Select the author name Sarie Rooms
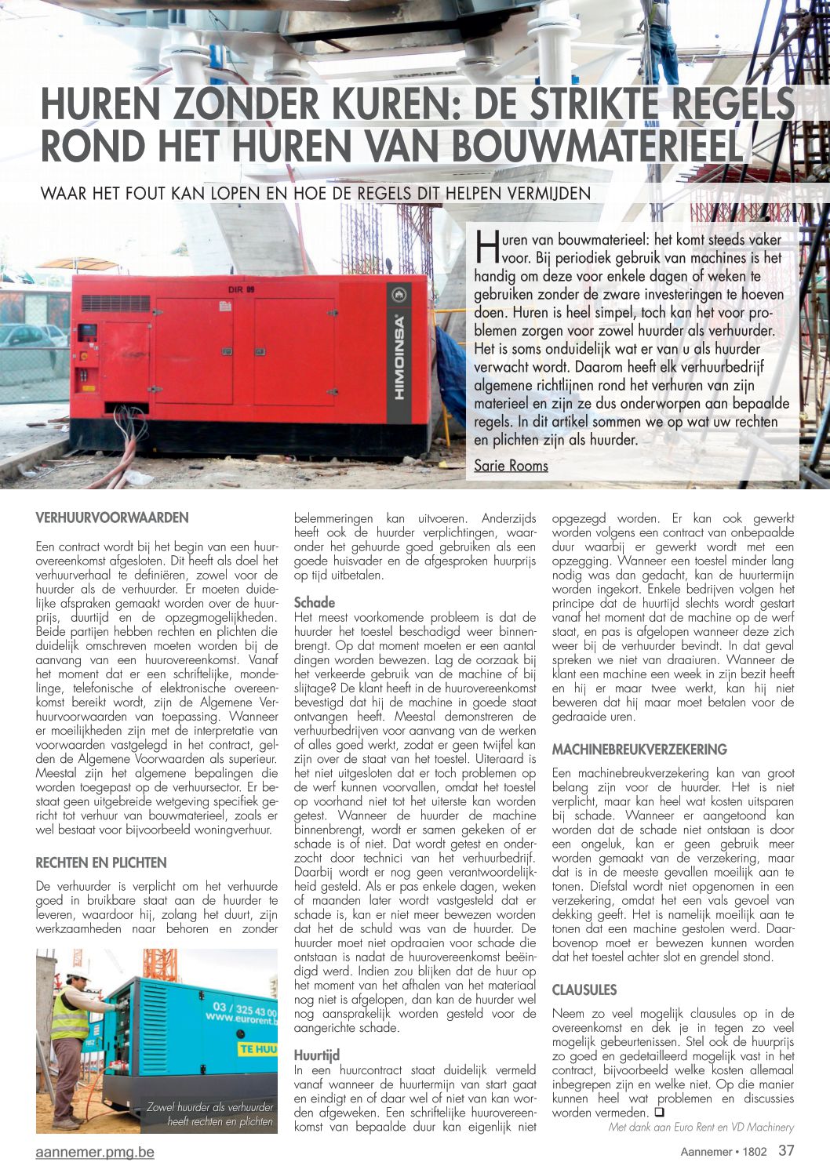click(511, 466)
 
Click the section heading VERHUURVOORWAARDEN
click(112, 517)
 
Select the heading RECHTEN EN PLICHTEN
click(101, 862)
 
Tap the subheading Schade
click(314, 602)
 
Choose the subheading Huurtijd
click(317, 1055)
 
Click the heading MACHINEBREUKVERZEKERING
click(639, 750)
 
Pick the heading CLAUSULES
click(584, 990)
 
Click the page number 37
click(786, 1151)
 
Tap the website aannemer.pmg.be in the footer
click(95, 1152)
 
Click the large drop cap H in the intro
click(486, 245)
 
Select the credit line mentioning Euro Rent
click(701, 1127)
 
